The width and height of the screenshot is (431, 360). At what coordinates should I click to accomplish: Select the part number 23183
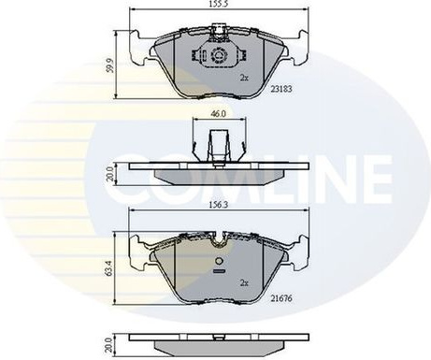tap(281, 89)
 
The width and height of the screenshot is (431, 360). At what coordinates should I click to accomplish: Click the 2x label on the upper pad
tap(244, 78)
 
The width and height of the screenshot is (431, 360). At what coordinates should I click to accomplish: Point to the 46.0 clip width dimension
tap(219, 114)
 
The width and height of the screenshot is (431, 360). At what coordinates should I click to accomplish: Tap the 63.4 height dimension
tap(109, 268)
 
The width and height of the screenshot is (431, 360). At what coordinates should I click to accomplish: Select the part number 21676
tap(281, 298)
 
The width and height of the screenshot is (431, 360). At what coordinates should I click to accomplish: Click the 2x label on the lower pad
tap(244, 283)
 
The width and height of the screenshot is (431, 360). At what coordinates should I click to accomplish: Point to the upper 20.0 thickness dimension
tap(109, 174)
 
